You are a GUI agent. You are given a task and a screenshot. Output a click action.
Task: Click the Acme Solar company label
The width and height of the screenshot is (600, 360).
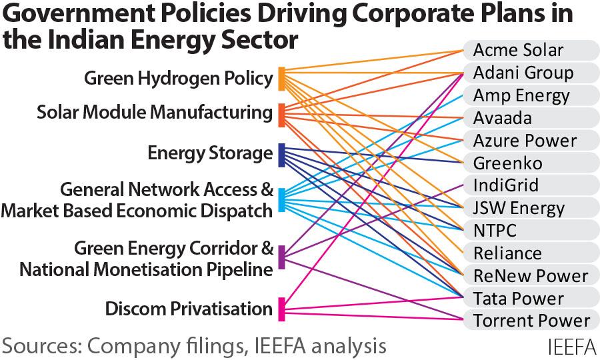tap(518, 50)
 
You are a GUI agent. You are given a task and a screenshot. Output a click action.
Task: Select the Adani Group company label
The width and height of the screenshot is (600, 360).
tap(523, 73)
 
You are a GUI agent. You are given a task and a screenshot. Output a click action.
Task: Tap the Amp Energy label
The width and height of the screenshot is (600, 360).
tap(521, 95)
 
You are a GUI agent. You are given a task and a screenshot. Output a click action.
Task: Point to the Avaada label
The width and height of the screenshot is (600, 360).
tap(503, 118)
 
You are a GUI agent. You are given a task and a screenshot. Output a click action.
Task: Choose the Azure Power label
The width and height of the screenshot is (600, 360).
tap(525, 141)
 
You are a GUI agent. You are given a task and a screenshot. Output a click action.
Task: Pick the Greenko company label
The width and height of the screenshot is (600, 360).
tap(507, 163)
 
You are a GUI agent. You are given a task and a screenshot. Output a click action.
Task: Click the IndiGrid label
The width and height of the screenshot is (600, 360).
tap(505, 185)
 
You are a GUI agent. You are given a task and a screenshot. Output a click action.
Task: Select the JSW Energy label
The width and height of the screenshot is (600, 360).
tap(519, 208)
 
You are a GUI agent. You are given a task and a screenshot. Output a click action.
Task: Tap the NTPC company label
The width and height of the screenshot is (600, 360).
tap(495, 231)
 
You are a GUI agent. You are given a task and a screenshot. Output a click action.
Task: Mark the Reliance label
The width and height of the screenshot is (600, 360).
tap(507, 253)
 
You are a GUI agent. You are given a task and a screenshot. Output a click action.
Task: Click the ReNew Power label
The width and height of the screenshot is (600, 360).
tap(531, 276)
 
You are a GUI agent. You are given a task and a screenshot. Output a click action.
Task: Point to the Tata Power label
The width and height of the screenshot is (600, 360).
tap(519, 298)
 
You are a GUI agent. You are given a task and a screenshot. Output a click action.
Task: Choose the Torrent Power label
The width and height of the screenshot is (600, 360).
tap(531, 321)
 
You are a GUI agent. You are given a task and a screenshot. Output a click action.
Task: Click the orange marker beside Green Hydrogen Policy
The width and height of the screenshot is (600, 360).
tap(282, 79)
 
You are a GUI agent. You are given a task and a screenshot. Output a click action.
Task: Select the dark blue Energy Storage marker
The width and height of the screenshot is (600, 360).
tap(282, 155)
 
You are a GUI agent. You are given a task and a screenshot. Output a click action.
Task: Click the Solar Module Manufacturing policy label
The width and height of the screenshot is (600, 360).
tap(155, 113)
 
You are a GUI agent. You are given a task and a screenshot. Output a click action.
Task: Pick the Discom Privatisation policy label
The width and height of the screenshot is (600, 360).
tap(189, 309)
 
